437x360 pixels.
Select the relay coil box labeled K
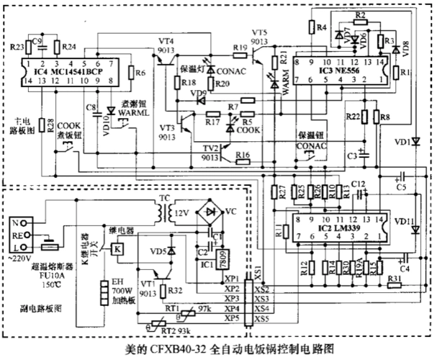pos(117,248)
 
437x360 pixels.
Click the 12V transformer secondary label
pos(181,214)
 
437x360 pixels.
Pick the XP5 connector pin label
pos(232,318)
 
